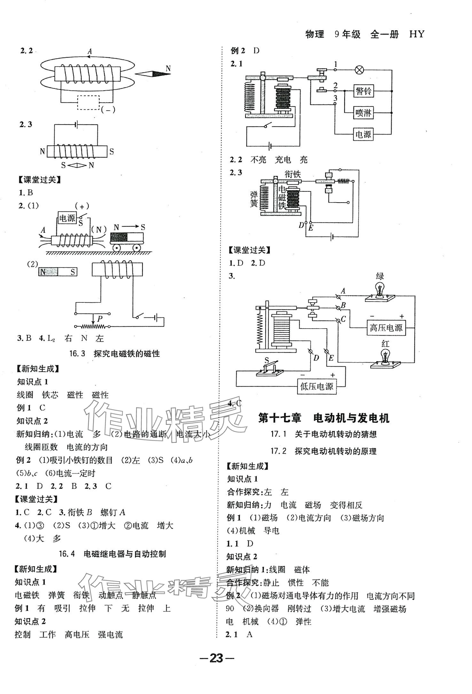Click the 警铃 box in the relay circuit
pos(363,91)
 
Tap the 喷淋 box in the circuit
pos(363,113)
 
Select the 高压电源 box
pos(386,328)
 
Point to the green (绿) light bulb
pos(380,290)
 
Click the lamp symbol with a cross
pos(360,70)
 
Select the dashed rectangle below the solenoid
pos(89,103)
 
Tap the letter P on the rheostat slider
pos(100,318)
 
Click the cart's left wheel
pos(116,248)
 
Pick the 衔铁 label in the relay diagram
pos(293,174)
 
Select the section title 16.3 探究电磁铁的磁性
pos(114,354)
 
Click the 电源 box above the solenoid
pos(67,218)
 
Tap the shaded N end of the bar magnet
pos(48,272)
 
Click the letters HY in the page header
pos(417,34)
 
